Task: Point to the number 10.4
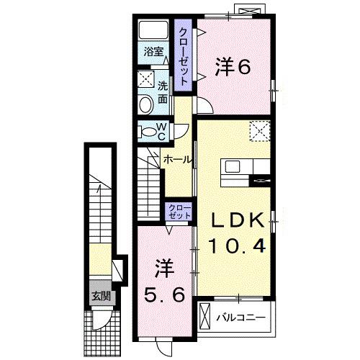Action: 237,246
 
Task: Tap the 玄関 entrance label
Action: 100,295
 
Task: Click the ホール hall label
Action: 177,159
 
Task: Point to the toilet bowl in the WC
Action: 148,132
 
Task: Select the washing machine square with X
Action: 145,78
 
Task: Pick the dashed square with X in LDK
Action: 258,130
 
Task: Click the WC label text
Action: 162,131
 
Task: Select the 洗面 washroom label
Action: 163,91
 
